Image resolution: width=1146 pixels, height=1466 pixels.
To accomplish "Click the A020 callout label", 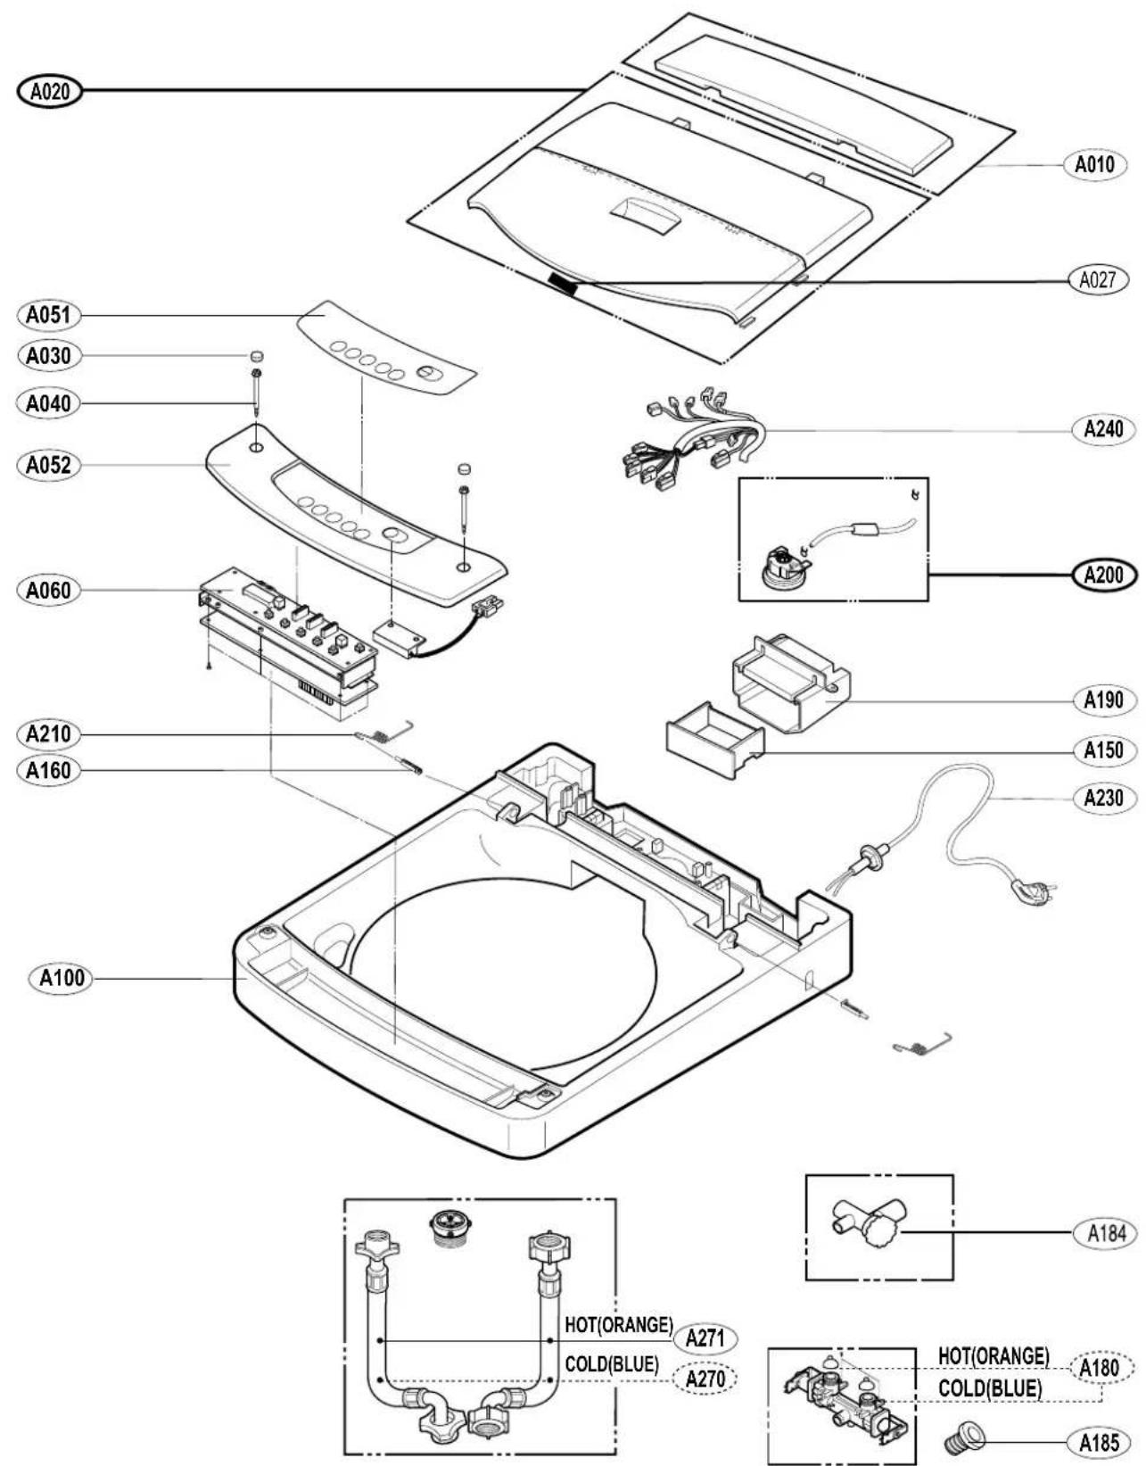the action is (x=48, y=90).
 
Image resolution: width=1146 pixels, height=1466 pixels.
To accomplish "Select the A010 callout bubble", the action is (x=1095, y=164).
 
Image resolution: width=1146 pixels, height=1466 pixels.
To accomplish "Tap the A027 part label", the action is (x=1098, y=278).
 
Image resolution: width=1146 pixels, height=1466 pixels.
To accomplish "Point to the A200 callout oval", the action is (x=1103, y=574).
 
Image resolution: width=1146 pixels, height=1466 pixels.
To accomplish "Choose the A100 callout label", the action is (x=62, y=978).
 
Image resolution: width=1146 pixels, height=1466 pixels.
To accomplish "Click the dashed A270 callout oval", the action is (x=705, y=1379).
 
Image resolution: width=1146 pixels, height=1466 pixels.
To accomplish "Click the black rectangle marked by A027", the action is (x=563, y=284).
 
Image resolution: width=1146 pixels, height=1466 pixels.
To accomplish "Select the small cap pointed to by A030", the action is (x=256, y=356).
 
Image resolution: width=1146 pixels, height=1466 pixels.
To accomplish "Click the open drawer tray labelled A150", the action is (x=714, y=740).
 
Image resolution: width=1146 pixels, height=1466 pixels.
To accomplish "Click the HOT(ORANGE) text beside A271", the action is (x=619, y=1324).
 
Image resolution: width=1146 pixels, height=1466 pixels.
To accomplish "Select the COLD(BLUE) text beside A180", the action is (x=990, y=1387).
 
